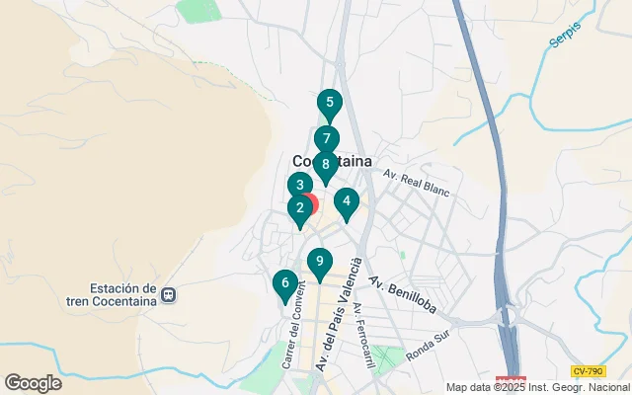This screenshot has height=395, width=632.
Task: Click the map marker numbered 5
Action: pos(329,103)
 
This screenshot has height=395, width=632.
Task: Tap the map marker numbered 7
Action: pos(326,139)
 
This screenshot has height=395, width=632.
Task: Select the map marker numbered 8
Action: pos(325,164)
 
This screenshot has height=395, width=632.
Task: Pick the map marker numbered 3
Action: pos(299,185)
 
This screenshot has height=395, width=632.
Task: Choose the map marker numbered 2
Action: pos(299,207)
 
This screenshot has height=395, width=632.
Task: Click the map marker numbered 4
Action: pos(346,201)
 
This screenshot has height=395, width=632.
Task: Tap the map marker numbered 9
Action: pos(319,262)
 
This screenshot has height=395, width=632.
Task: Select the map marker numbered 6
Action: pos(284,284)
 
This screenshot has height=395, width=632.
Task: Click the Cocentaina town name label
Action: pos(332,161)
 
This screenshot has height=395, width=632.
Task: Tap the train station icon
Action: pos(170,294)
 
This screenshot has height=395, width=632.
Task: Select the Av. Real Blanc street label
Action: pos(415,182)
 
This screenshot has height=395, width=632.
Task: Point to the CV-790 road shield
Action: pos(588,371)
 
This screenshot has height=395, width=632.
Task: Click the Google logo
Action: pos(33,383)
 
